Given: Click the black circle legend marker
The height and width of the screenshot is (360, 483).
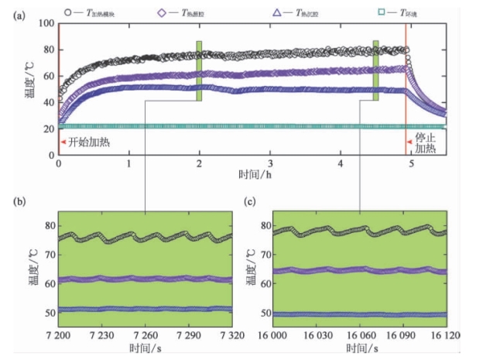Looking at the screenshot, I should point(70,13).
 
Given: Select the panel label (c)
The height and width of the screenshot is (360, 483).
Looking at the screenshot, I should point(250,203).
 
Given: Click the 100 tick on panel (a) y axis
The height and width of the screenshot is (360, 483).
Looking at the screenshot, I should point(44,24).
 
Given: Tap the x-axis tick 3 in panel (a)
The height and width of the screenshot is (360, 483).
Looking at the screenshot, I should point(270,165).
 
